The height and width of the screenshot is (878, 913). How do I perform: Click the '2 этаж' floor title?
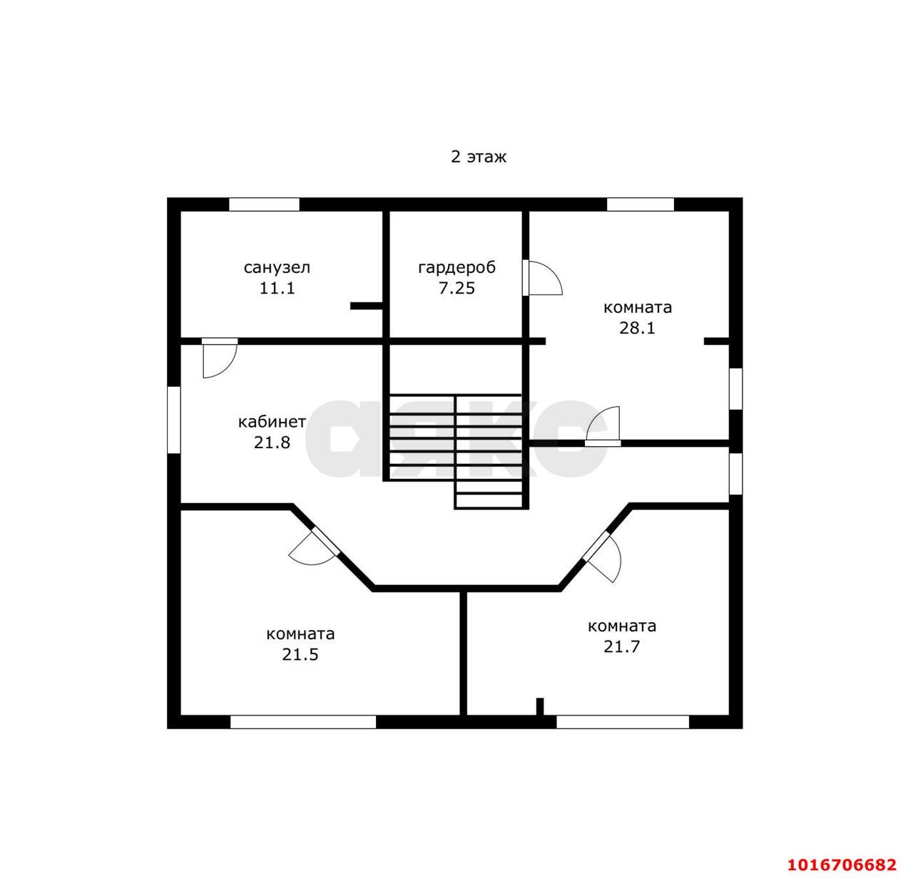(x=479, y=157)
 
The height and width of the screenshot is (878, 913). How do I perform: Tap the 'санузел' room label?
(x=277, y=268)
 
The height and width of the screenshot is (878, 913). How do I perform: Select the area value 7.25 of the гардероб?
(x=456, y=288)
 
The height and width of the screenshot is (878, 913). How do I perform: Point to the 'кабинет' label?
(x=272, y=422)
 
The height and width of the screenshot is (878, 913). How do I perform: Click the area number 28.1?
(x=637, y=328)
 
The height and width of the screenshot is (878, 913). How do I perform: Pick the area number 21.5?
(x=300, y=654)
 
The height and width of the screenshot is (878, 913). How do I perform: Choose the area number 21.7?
(x=622, y=646)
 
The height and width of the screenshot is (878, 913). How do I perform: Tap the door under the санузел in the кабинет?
(x=220, y=358)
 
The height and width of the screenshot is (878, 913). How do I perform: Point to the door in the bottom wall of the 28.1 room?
(x=603, y=425)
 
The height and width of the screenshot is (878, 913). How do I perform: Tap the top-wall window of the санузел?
(x=264, y=205)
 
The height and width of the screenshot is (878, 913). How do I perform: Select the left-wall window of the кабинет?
(x=174, y=420)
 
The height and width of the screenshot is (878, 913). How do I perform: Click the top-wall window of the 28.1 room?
(x=641, y=205)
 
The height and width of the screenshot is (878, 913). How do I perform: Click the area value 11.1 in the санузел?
(x=277, y=288)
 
